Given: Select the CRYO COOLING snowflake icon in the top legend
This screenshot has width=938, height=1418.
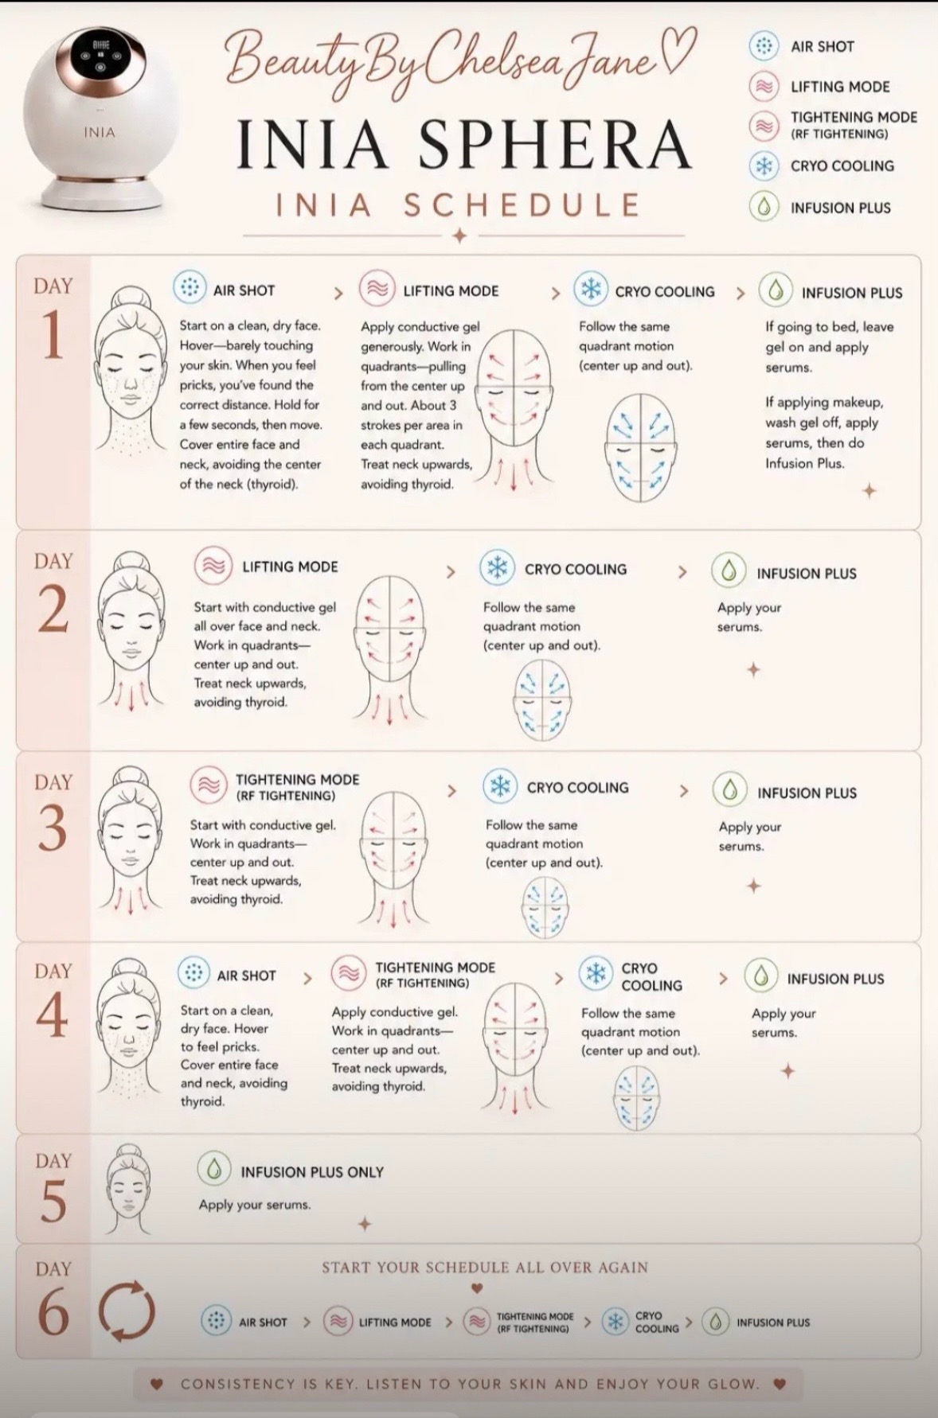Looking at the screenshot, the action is point(764,166).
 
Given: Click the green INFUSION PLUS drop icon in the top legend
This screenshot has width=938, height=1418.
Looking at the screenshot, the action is point(764,208).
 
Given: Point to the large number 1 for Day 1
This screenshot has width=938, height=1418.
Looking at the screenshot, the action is point(53,333).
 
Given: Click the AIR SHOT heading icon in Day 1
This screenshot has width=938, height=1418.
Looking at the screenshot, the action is point(190,288).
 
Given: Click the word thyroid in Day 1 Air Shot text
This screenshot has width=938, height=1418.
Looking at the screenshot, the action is point(273,484).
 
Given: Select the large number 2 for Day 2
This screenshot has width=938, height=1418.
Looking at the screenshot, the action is point(53,609).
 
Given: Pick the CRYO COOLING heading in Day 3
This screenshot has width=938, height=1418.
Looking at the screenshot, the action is point(577,787).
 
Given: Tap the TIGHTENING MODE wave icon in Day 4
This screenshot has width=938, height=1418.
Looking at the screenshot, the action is point(348,973).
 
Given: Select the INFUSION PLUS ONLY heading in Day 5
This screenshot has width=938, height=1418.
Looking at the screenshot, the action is point(312,1172).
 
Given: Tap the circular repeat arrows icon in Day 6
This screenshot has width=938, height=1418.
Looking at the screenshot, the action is point(127,1311).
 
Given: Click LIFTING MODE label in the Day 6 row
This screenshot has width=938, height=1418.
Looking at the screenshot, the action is point(395,1323).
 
